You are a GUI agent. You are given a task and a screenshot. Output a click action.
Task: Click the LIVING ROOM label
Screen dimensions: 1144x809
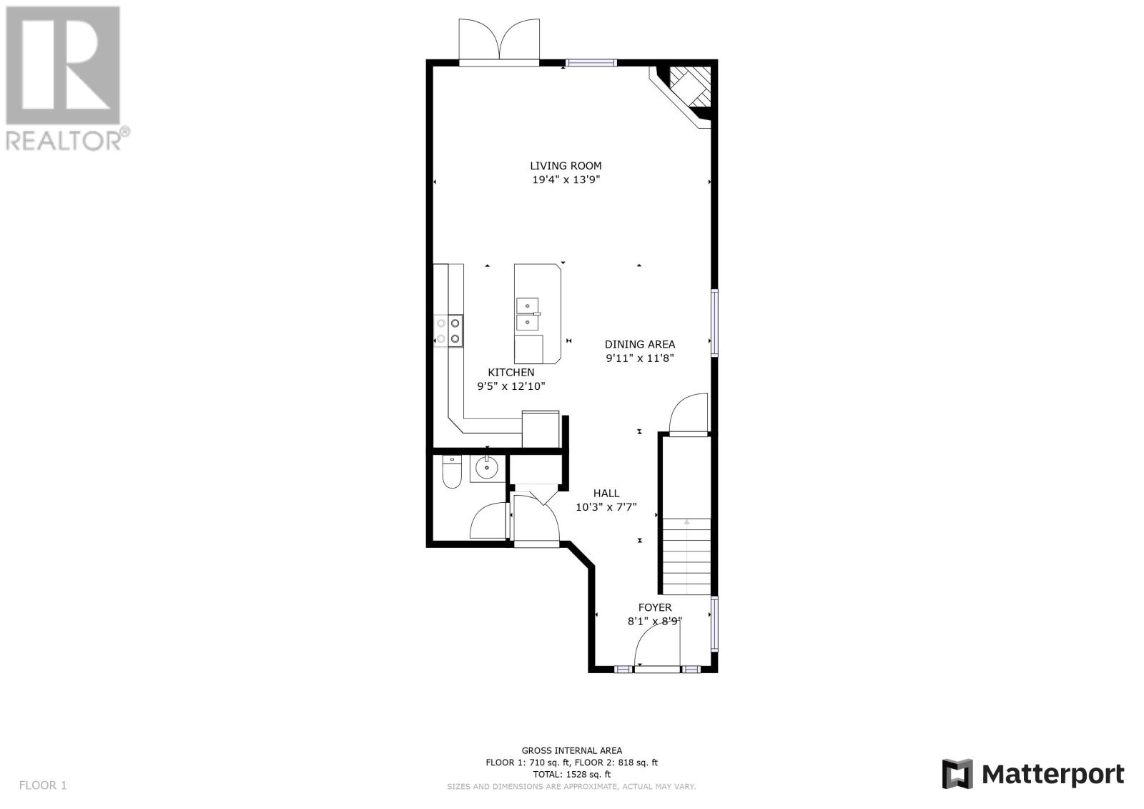tap(566, 165)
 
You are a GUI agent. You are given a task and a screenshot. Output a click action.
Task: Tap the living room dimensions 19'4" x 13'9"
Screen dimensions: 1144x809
tap(566, 180)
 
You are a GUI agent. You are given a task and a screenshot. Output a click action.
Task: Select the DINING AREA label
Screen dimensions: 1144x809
tap(639, 345)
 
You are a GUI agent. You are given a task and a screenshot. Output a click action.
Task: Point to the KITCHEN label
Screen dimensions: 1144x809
tap(511, 373)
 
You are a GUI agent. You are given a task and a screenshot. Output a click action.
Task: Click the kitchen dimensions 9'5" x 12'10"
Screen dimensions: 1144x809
tap(511, 386)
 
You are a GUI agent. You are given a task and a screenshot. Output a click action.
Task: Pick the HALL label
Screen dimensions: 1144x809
tap(606, 493)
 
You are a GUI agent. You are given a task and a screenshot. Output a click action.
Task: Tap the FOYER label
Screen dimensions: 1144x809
tap(655, 608)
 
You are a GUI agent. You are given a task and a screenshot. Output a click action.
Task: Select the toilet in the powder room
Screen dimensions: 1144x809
tap(452, 471)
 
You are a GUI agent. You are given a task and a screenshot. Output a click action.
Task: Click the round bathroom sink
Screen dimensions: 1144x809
tap(487, 467)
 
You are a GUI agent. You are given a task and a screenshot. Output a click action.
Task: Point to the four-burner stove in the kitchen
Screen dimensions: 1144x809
tap(448, 330)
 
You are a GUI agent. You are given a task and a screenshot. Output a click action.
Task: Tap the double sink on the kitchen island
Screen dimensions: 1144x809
tap(528, 314)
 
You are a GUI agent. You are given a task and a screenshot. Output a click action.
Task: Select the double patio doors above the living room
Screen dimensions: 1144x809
tap(499, 41)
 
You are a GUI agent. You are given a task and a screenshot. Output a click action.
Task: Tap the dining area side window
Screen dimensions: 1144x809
tap(714, 323)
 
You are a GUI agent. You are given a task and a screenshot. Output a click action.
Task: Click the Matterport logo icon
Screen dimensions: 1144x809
tap(957, 774)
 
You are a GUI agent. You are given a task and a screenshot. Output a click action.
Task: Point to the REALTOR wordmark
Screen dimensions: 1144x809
tap(67, 139)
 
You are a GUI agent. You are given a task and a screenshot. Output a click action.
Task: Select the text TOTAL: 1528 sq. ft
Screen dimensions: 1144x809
tap(571, 774)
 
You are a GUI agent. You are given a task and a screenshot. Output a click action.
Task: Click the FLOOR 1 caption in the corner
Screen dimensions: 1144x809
tap(43, 785)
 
